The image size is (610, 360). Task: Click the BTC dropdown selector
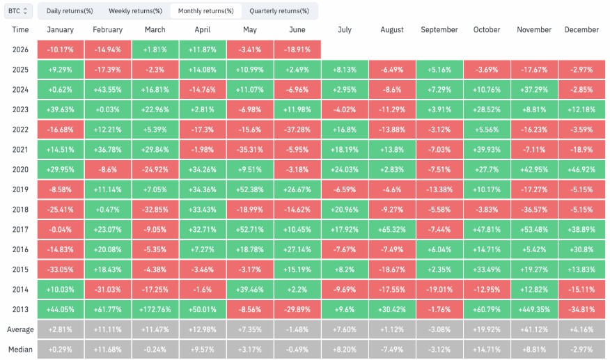click(18, 11)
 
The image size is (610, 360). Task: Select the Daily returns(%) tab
click(70, 11)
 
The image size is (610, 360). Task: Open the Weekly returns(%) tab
click(135, 11)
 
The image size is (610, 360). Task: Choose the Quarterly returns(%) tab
click(279, 11)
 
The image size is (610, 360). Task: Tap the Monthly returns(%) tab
click(206, 11)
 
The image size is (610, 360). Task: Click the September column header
click(439, 29)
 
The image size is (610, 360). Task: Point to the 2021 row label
click(20, 150)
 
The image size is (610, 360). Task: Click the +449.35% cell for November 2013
click(534, 309)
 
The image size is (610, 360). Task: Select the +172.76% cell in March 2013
click(155, 309)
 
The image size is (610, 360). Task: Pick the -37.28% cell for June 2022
click(297, 130)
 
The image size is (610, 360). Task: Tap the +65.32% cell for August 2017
click(392, 230)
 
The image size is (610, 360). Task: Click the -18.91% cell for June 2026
click(297, 49)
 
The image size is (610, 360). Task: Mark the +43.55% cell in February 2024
click(108, 90)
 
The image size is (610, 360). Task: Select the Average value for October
click(487, 329)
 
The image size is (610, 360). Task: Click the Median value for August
click(392, 350)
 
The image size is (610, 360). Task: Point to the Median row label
click(20, 350)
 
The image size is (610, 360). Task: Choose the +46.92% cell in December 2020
click(581, 170)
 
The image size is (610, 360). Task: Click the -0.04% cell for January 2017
click(61, 230)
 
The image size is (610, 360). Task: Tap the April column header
click(203, 29)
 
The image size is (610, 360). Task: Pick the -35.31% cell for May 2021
click(250, 150)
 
